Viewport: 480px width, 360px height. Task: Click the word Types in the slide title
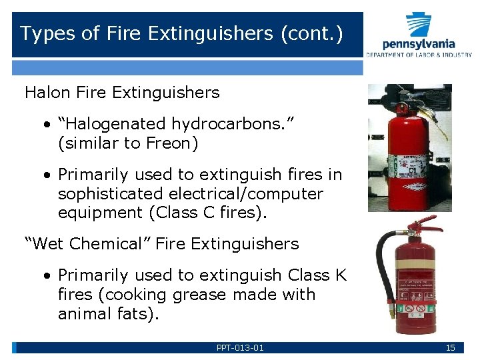41,34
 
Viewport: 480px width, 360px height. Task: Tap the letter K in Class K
341,275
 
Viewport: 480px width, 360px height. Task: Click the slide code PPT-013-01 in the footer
240,347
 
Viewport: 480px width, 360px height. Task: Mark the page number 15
450,347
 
